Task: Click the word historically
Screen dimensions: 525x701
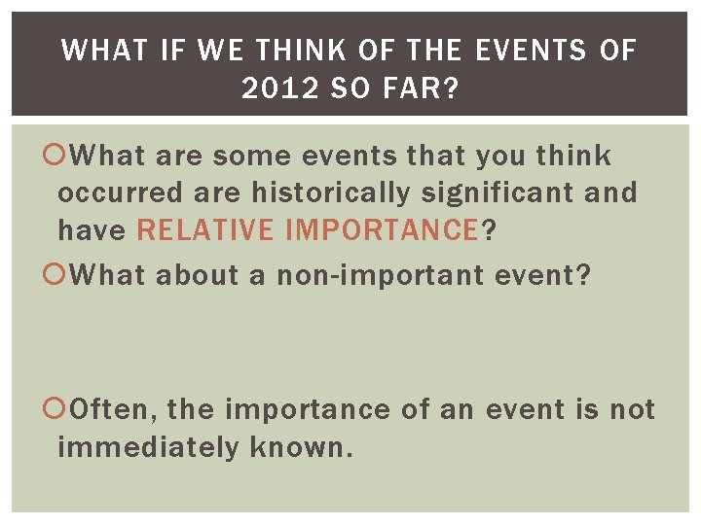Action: point(331,193)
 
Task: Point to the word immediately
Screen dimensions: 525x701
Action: point(147,448)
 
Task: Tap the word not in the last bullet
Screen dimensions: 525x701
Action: point(632,409)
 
